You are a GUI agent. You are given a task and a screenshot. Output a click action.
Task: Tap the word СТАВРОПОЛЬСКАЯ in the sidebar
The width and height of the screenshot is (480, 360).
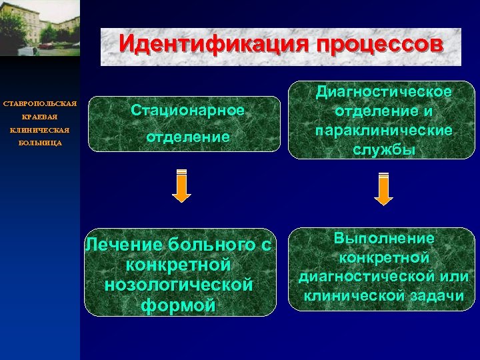[x=40, y=105]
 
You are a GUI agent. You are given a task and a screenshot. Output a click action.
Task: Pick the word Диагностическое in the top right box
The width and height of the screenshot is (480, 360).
[x=385, y=91]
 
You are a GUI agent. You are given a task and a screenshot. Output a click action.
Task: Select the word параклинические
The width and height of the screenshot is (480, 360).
[x=385, y=130]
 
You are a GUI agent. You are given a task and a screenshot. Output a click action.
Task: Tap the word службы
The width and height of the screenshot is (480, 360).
[x=385, y=150]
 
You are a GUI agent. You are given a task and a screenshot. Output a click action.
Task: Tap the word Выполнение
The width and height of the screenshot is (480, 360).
[x=384, y=238]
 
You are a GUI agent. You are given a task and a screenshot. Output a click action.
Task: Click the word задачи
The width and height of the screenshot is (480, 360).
[x=434, y=295]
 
